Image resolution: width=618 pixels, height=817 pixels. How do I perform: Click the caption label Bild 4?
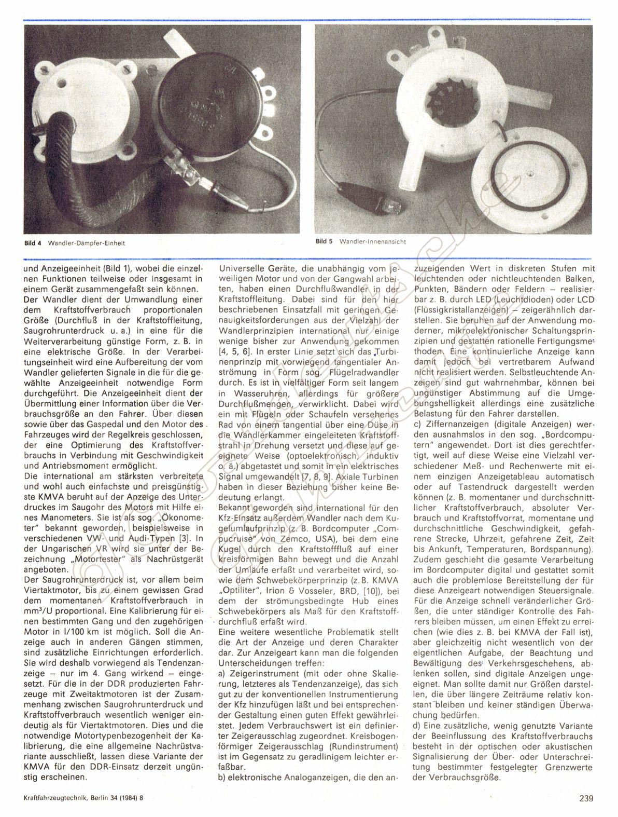pos(32,242)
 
